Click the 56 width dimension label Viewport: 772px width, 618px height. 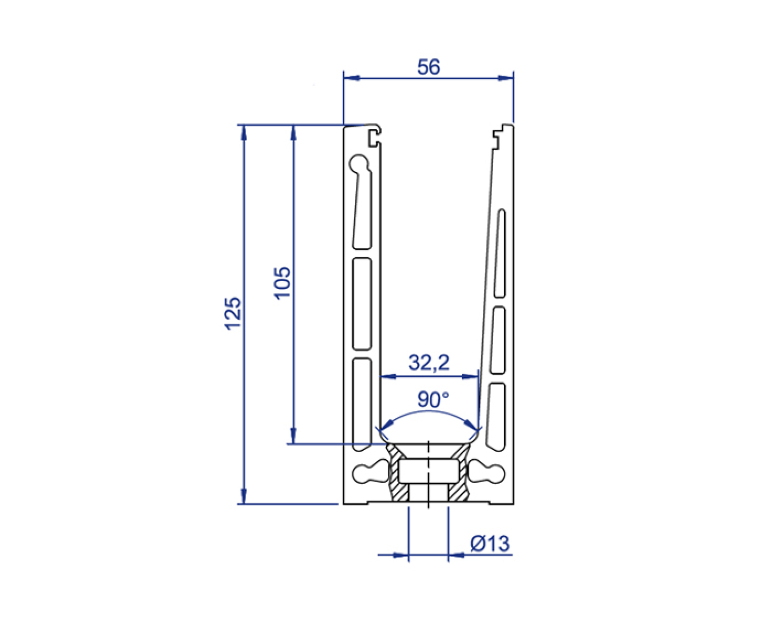[428, 67]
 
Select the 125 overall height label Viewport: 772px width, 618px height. [233, 313]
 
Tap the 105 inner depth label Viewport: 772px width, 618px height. [283, 283]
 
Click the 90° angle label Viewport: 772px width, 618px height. [433, 399]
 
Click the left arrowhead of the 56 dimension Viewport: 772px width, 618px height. [351, 78]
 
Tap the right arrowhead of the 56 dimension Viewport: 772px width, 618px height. [506, 78]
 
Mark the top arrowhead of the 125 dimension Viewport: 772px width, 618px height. [244, 132]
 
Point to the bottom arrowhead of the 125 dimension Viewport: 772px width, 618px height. [244, 496]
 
